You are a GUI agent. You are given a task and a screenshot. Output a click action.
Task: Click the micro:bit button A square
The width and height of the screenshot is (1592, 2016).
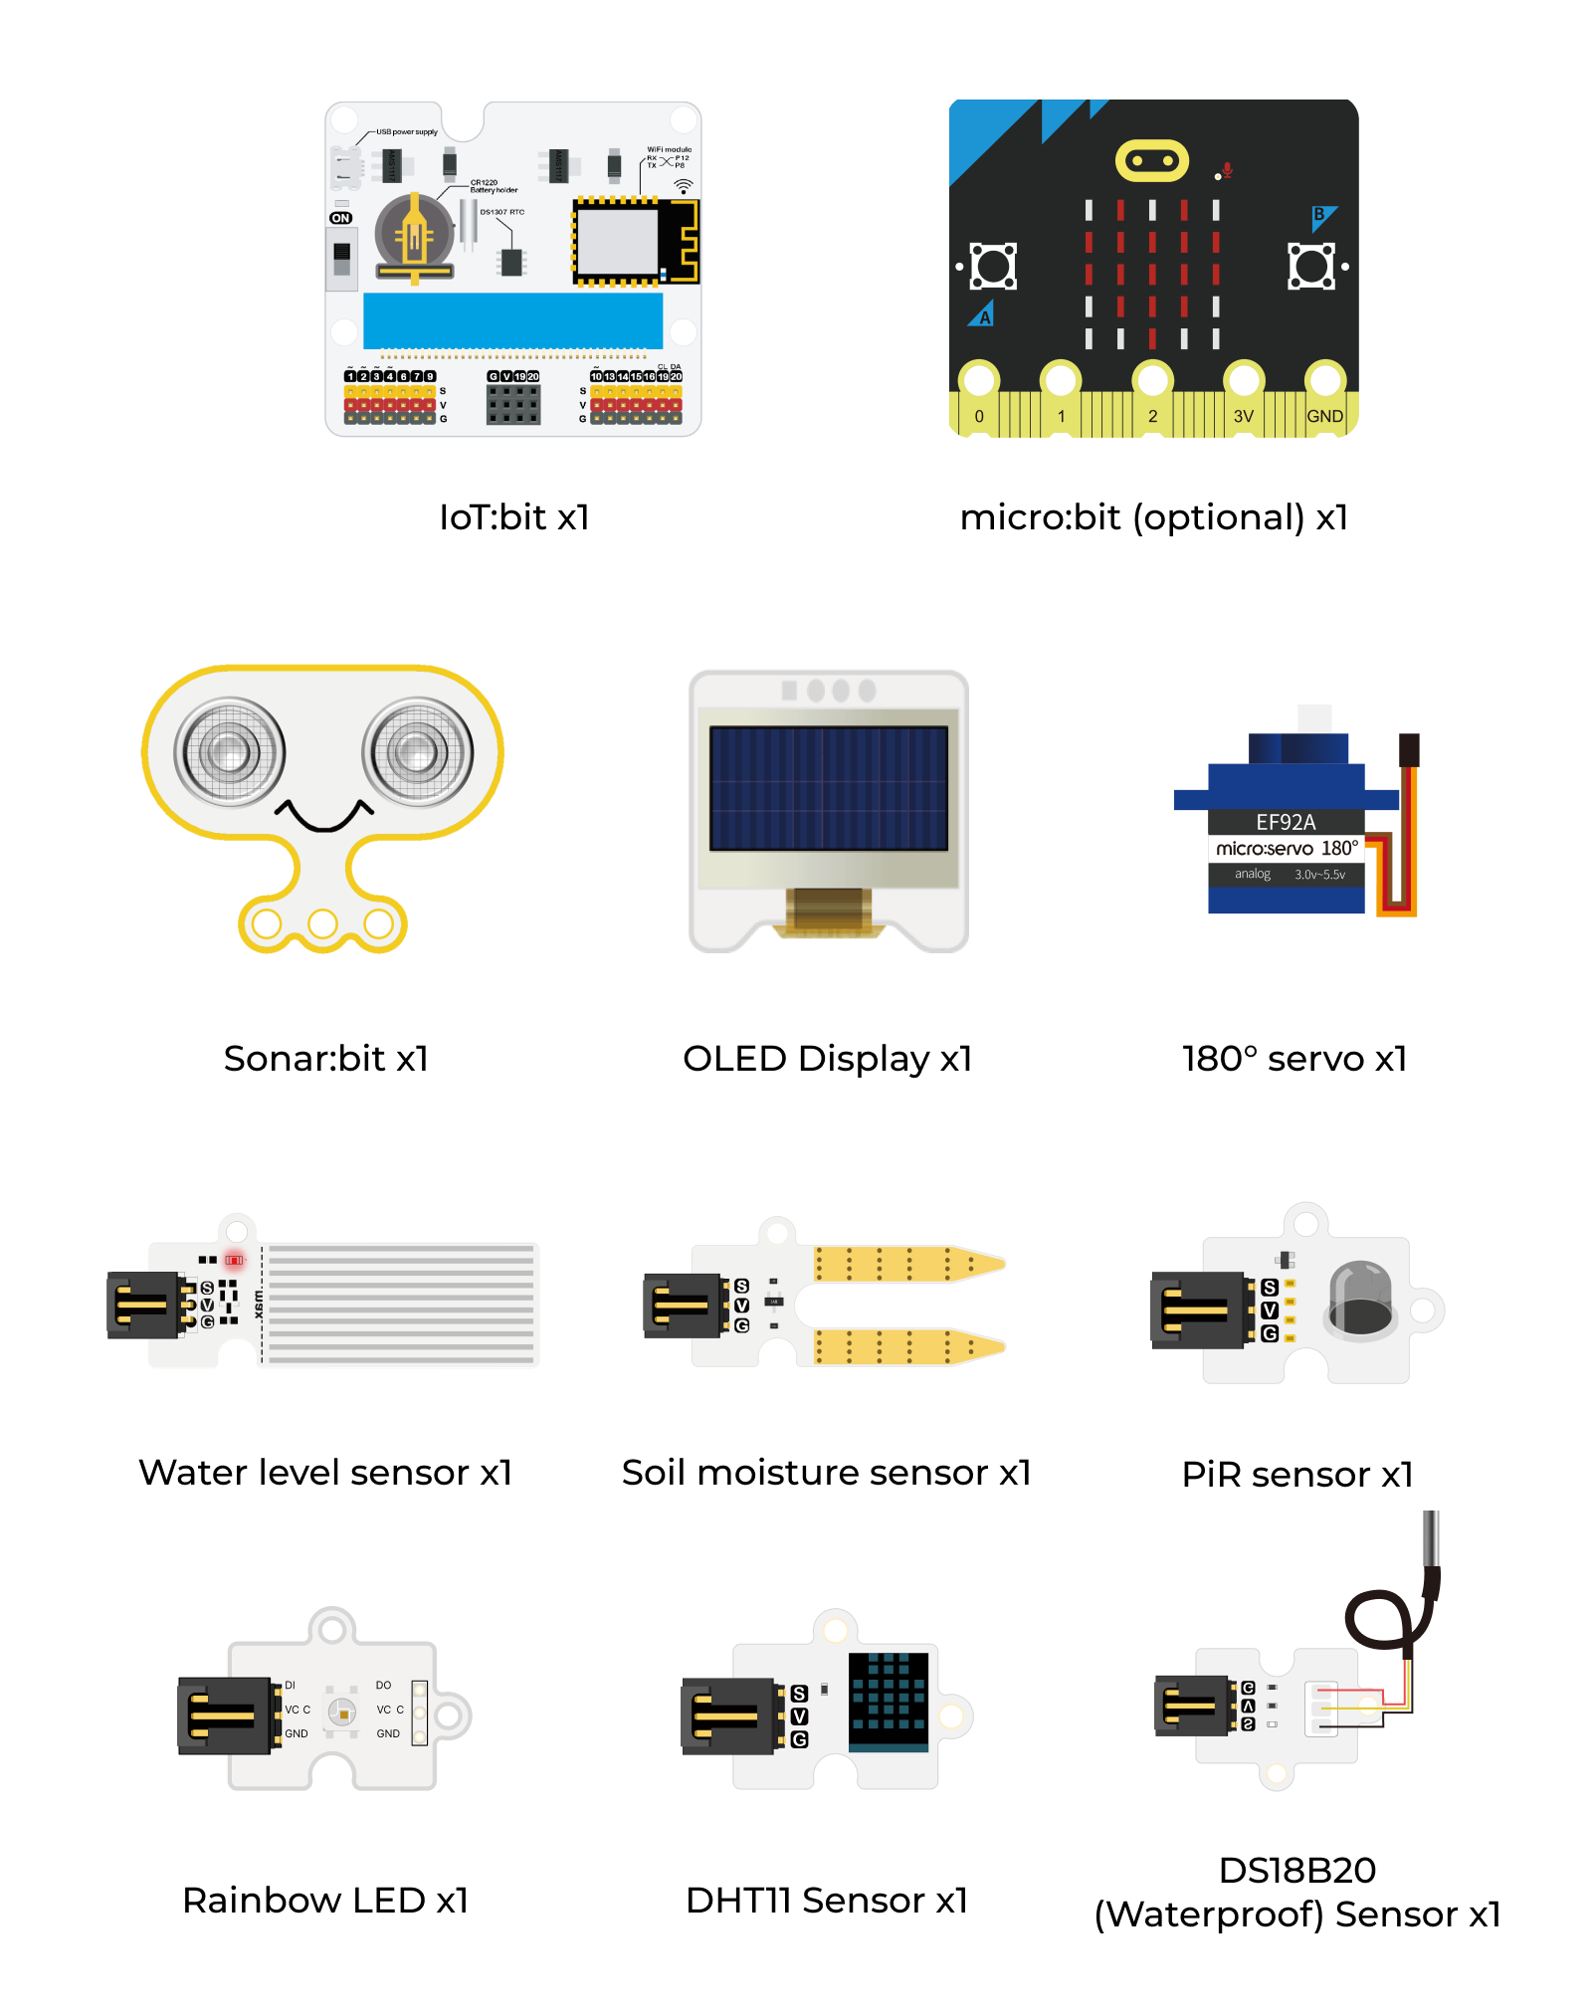[992, 267]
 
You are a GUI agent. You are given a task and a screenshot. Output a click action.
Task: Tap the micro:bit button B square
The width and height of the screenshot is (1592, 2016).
[1311, 267]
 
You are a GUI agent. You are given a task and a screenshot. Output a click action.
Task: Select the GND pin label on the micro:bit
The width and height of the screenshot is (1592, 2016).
[1324, 416]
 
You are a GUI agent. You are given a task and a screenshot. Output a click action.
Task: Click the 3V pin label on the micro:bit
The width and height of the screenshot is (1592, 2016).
[1243, 416]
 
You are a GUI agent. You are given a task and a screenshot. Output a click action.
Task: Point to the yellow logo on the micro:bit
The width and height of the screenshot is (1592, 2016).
[1151, 161]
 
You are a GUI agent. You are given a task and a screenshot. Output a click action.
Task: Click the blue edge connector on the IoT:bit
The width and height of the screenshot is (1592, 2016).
[512, 320]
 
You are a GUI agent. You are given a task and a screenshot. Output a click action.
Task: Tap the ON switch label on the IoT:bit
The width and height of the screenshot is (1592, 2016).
[340, 218]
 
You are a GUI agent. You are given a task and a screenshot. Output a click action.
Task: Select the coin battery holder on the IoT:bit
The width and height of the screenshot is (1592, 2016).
[414, 237]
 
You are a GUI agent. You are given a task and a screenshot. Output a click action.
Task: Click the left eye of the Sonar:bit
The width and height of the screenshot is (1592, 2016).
[230, 751]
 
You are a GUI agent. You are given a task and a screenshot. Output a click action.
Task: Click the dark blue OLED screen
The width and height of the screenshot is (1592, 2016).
[828, 788]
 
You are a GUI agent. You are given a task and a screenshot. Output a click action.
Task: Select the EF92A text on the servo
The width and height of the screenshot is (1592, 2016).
[1285, 822]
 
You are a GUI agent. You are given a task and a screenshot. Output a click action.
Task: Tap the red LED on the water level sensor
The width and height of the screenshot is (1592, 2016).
[234, 1260]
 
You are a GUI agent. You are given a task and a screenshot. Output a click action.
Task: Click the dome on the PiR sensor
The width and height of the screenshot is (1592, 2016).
[1360, 1296]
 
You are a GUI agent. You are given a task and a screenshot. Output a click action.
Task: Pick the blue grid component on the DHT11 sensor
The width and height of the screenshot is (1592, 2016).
[888, 1701]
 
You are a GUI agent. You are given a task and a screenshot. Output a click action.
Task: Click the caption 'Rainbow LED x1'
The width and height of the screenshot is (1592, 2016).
[325, 1900]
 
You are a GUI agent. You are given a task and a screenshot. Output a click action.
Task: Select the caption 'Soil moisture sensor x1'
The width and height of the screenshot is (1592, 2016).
[826, 1472]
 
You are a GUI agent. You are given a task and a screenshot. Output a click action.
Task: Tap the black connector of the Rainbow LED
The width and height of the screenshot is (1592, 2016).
[224, 1714]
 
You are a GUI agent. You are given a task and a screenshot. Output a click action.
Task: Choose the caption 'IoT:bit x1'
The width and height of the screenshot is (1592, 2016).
[514, 517]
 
